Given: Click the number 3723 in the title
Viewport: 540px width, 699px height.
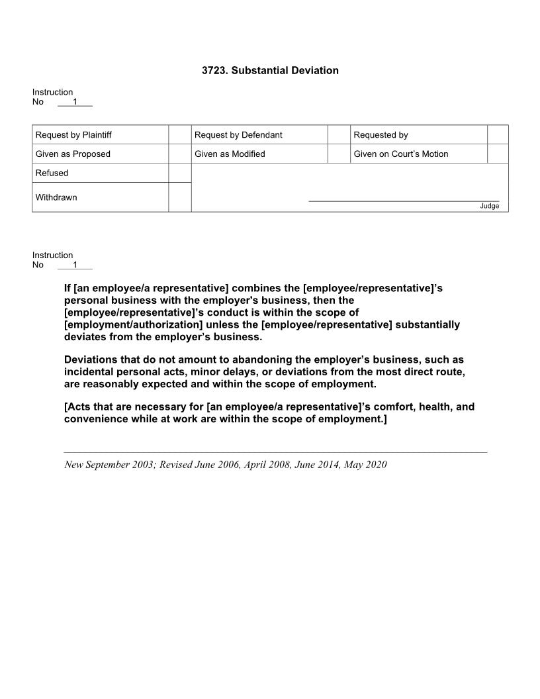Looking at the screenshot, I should [x=214, y=70].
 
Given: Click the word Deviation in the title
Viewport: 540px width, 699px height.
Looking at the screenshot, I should [x=314, y=70].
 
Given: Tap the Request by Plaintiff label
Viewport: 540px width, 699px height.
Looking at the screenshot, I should [x=73, y=135].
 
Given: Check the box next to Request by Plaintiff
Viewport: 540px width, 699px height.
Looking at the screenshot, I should [x=180, y=135].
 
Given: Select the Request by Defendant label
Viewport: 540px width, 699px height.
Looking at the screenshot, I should [x=238, y=135].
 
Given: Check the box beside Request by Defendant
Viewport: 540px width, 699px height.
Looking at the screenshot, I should [x=339, y=135].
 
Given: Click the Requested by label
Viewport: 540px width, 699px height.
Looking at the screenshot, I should [x=381, y=135].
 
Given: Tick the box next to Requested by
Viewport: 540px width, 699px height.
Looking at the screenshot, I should [x=498, y=135].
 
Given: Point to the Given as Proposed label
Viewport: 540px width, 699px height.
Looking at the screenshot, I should [x=73, y=154].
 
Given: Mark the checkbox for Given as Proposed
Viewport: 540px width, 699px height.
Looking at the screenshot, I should [x=180, y=154].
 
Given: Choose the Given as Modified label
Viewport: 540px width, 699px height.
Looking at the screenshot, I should [x=230, y=154].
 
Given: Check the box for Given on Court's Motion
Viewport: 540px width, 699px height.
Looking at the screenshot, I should [x=498, y=154].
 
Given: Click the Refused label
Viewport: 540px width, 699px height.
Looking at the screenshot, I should [x=52, y=173].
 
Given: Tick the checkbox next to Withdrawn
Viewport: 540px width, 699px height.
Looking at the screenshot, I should [x=180, y=197].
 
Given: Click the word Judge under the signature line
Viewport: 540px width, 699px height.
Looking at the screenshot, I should [x=490, y=206].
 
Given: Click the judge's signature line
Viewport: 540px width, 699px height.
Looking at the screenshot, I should [x=404, y=200].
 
